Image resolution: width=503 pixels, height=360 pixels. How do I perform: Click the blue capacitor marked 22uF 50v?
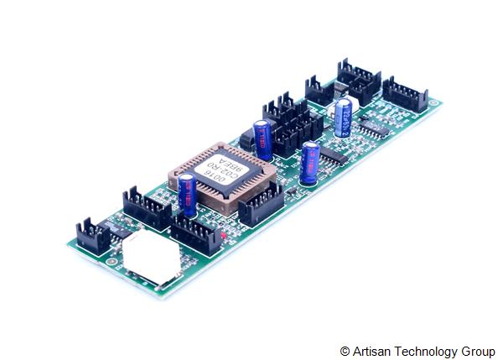[343, 117]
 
